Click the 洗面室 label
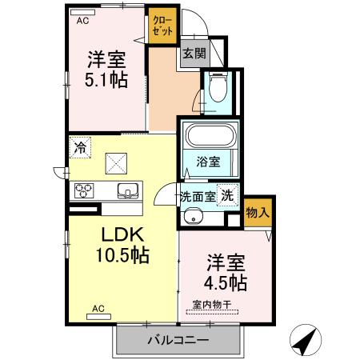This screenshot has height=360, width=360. point(197,195)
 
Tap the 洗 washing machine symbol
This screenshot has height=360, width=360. point(228,194)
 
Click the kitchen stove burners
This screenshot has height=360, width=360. point(85,190)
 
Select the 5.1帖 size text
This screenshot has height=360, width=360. point(107,81)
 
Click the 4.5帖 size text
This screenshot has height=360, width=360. point(226,282)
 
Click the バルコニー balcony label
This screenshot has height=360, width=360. point(178,340)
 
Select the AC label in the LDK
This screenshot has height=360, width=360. point(99,308)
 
